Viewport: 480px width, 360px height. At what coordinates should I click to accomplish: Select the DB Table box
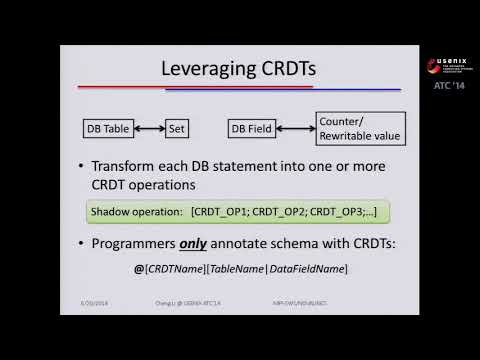108,129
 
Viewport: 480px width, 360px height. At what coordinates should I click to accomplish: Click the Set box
176,129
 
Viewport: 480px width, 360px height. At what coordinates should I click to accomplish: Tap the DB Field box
253,129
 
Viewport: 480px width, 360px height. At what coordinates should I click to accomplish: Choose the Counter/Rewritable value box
357,129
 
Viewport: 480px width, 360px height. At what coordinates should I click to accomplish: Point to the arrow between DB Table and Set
150,129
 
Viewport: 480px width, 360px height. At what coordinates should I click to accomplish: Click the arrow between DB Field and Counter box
297,129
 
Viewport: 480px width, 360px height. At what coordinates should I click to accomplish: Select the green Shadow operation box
237,212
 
